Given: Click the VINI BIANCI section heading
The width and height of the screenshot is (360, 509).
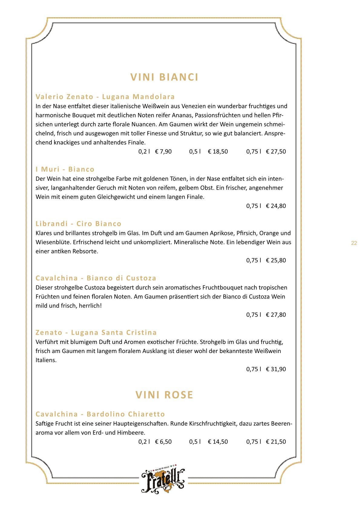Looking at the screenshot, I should pyautogui.click(x=164, y=77).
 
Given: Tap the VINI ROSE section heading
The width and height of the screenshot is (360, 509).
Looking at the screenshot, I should pyautogui.click(x=164, y=395).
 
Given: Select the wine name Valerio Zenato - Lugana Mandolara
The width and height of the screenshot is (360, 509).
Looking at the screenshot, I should pyautogui.click(x=105, y=97).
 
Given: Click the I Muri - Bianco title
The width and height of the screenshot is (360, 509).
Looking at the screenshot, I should pyautogui.click(x=65, y=169).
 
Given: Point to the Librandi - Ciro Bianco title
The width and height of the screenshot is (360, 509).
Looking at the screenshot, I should pyautogui.click(x=78, y=224).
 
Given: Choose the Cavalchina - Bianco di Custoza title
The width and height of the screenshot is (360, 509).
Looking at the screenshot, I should pyautogui.click(x=96, y=278).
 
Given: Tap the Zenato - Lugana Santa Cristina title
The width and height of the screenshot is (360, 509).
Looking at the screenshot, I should pyautogui.click(x=96, y=333).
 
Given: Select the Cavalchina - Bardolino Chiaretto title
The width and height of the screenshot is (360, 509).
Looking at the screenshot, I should pyautogui.click(x=100, y=414).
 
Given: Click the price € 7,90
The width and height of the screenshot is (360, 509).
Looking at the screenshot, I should pyautogui.click(x=163, y=152).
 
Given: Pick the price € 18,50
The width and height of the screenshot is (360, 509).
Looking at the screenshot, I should pyautogui.click(x=218, y=152).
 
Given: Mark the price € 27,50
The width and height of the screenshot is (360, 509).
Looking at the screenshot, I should pyautogui.click(x=276, y=152).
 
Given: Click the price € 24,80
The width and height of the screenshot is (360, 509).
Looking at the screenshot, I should pyautogui.click(x=276, y=206).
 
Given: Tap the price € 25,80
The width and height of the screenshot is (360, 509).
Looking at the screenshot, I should pyautogui.click(x=276, y=260).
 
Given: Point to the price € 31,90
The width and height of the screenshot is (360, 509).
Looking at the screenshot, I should pyautogui.click(x=276, y=369).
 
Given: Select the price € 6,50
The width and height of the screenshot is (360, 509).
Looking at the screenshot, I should pyautogui.click(x=163, y=442).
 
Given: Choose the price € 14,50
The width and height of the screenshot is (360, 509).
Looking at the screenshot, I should pyautogui.click(x=218, y=442).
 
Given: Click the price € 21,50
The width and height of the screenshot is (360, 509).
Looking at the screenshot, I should pyautogui.click(x=276, y=442).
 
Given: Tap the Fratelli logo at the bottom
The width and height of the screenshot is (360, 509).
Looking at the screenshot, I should pyautogui.click(x=163, y=479).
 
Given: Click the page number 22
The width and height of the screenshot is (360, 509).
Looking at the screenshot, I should pyautogui.click(x=354, y=243).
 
